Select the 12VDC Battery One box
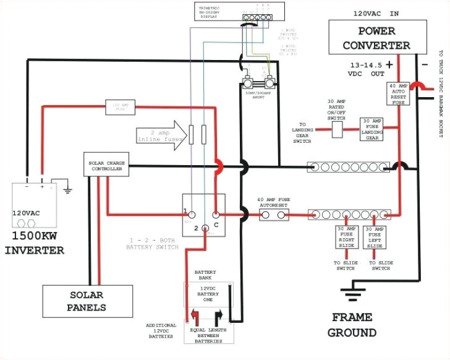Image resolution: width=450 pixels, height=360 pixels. coord(208,296)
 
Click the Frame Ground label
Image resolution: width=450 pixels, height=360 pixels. coord(352,325)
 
